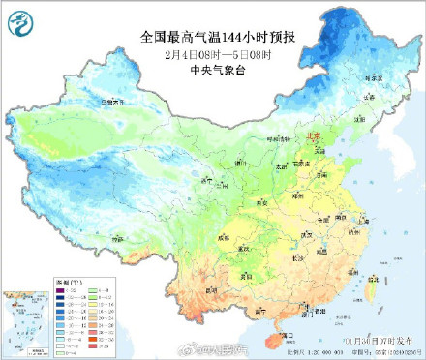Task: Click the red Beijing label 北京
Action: click(312, 136)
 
